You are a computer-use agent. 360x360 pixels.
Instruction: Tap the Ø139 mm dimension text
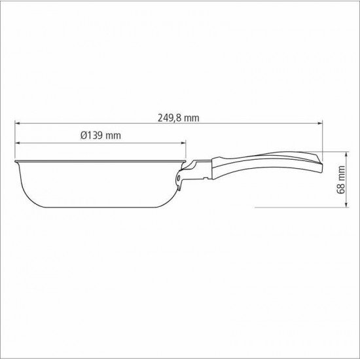click(x=101, y=135)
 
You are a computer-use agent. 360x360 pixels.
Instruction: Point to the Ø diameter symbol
click(x=83, y=135)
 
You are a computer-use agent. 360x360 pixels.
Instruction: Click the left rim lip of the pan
click(x=16, y=160)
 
